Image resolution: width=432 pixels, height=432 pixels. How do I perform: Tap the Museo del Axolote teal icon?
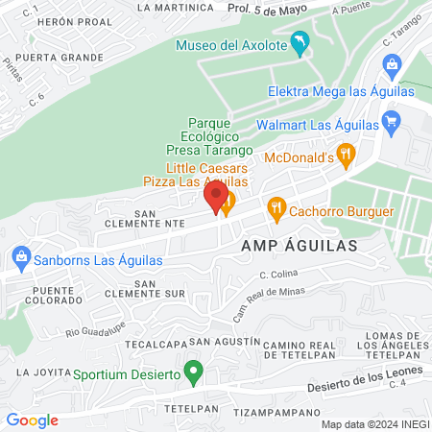coord(301,43)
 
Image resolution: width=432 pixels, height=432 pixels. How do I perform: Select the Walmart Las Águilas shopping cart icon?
coord(390,122)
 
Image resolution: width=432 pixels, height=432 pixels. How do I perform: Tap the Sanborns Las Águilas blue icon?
coord(20,257)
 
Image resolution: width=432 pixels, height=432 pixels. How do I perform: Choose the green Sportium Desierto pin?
coord(194,371)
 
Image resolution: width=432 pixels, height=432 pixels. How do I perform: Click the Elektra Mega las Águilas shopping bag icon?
coord(391,66)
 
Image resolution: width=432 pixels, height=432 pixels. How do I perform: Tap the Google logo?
coord(32,420)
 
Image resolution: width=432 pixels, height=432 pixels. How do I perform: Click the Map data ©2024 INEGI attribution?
coord(372,424)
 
